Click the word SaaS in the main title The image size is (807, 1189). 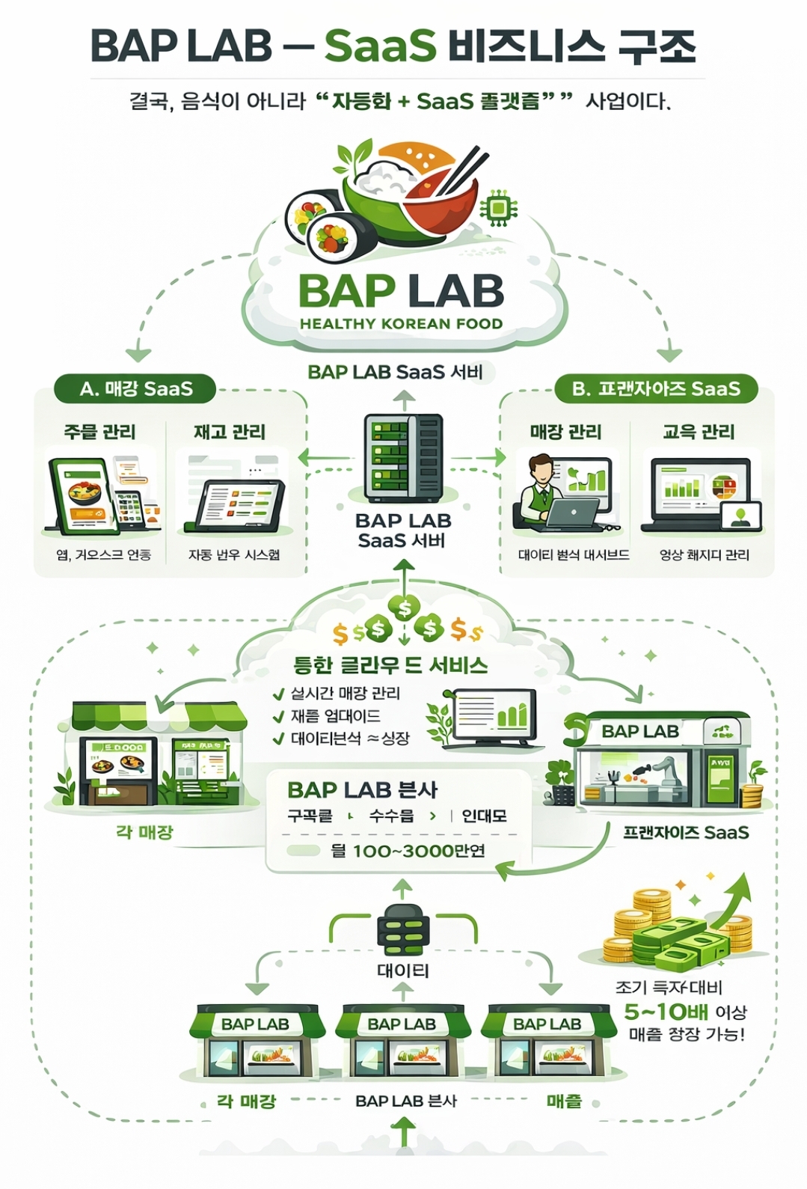[380, 46]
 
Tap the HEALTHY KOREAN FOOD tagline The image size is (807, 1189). [401, 324]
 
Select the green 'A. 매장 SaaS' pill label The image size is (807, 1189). [135, 389]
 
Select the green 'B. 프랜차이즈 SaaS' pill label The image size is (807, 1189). [656, 389]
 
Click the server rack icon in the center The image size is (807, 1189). [403, 459]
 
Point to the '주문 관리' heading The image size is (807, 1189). [99, 432]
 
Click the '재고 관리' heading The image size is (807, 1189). [230, 432]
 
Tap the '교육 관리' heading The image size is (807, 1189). [699, 432]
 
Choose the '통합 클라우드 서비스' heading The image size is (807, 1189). [390, 664]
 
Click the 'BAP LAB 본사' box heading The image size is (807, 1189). [362, 789]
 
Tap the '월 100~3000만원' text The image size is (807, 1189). [408, 851]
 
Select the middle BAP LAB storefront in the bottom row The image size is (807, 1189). [402, 1044]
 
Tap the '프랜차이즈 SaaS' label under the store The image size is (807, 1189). [686, 832]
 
